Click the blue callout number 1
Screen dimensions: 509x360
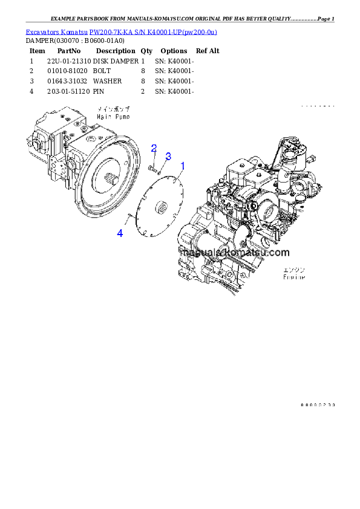183,165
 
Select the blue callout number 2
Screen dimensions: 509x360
154,149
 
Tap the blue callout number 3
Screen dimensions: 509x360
168,157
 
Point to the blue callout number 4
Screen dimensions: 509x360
120,233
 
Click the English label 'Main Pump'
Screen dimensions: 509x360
113,118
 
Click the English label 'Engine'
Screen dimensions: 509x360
294,277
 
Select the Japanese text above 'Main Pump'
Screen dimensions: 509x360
113,111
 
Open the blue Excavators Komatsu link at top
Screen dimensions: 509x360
121,31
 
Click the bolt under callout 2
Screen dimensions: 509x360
149,168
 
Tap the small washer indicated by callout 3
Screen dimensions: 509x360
157,172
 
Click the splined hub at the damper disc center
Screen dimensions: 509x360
160,209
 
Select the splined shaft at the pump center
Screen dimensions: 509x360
112,178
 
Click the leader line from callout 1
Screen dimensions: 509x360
177,174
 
